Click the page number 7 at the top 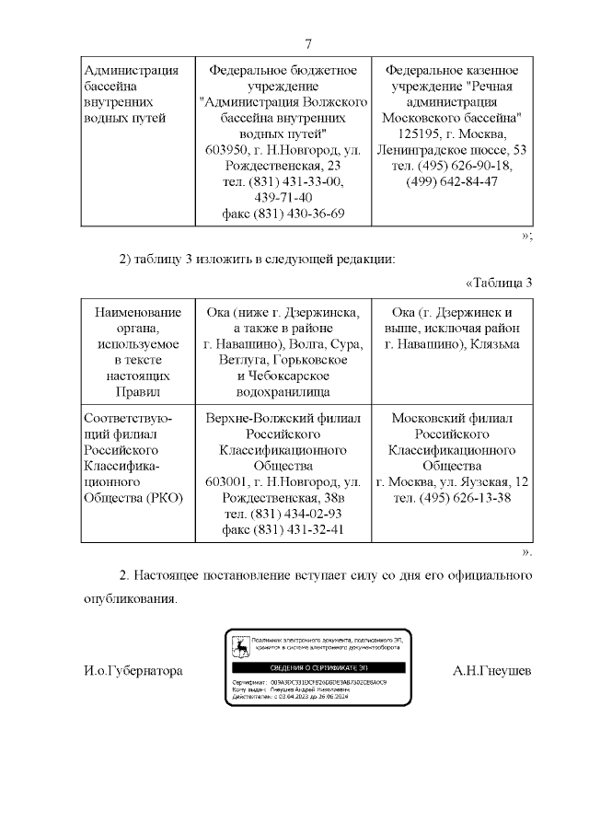coord(309,44)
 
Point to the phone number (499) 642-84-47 coord(452,181)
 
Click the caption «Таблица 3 coord(500,282)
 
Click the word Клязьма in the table coord(492,344)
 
